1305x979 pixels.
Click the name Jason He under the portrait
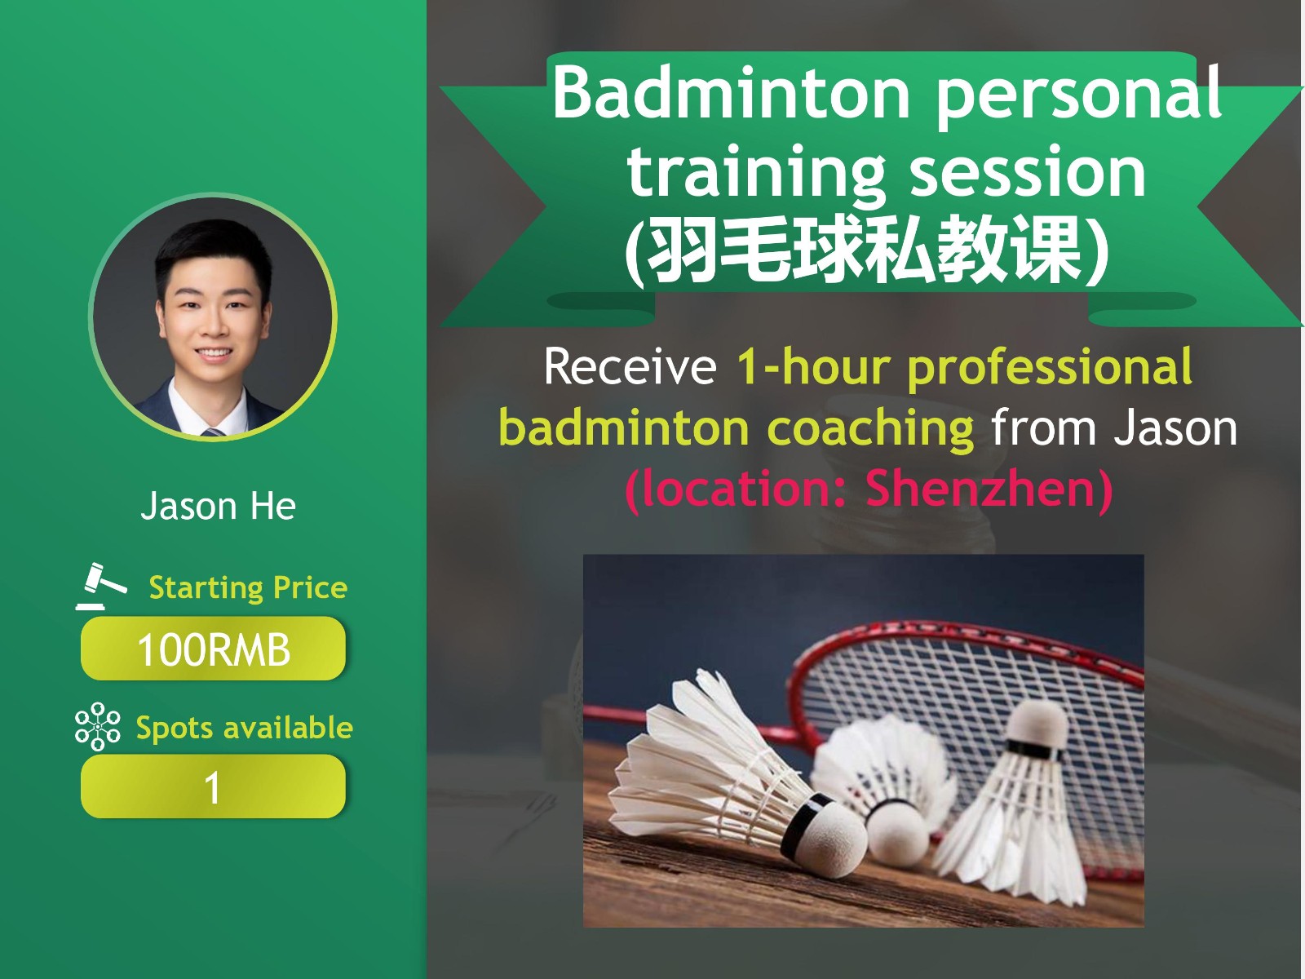coord(219,506)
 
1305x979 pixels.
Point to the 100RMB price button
coord(213,649)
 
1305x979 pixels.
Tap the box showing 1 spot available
coord(213,786)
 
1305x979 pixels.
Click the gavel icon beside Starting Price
coord(101,586)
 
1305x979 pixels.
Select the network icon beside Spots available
coord(98,726)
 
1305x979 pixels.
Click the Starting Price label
coord(248,588)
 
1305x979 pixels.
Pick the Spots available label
coord(245,727)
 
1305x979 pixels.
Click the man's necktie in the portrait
coord(214,432)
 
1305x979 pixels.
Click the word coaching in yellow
coord(870,429)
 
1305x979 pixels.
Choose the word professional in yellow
coord(1050,368)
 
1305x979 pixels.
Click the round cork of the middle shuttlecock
coord(897,832)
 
